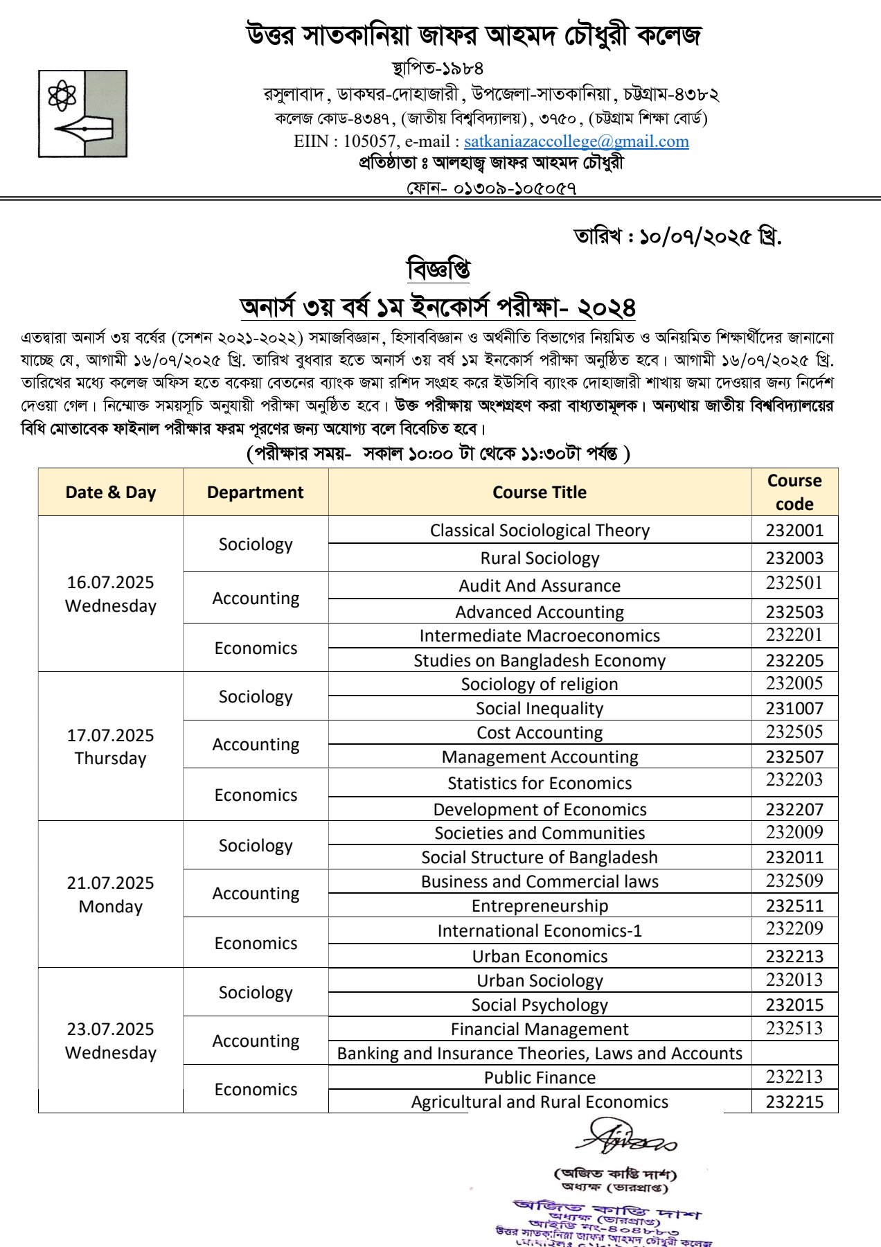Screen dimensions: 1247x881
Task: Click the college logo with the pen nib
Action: coord(82,114)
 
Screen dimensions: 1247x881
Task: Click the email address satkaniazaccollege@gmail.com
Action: coord(576,141)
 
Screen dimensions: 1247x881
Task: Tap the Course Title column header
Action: coord(540,493)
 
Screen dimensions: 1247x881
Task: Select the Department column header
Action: coord(255,493)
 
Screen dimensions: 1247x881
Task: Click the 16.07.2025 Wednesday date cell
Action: coord(111,594)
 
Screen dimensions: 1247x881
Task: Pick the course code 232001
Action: coord(794,531)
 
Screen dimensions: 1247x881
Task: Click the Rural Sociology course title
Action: coord(540,558)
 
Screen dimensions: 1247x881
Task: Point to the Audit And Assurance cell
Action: coord(540,586)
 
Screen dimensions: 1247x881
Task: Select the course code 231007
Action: coord(794,709)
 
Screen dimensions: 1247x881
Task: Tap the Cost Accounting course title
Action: coord(540,733)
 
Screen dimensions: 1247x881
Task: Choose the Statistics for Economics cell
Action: coord(540,784)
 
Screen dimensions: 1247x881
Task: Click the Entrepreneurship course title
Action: coord(540,906)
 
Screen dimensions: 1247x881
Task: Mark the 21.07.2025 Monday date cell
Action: coord(111,894)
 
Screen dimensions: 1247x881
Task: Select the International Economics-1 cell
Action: coord(540,931)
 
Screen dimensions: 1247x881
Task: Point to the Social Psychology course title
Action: coord(540,1005)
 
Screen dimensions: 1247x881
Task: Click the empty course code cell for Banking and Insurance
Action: coord(794,1054)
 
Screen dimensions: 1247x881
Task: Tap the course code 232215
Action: coord(794,1102)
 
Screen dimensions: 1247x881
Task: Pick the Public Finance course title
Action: coord(540,1078)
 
